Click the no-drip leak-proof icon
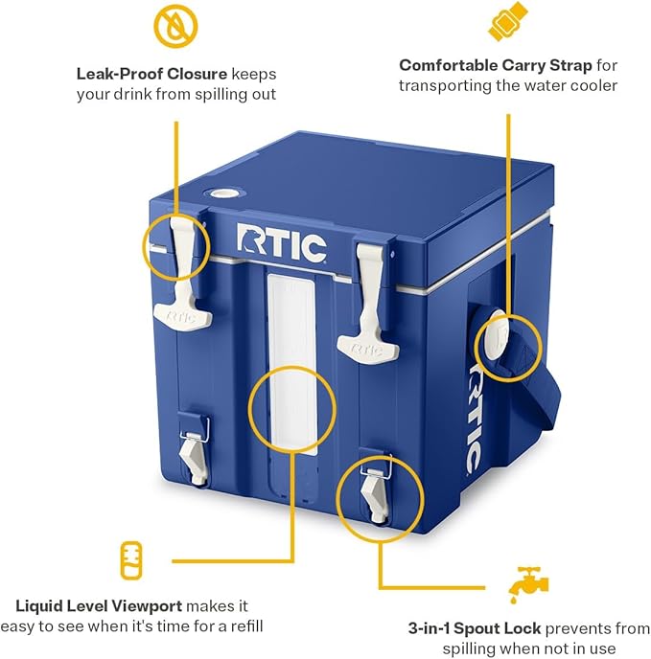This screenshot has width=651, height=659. point(175,27)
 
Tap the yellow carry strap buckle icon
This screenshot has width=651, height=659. point(508,21)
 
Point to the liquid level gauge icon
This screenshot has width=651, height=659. point(131,560)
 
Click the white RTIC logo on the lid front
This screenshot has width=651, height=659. point(282,243)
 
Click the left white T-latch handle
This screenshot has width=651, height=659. point(182,273)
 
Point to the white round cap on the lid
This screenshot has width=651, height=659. point(223,193)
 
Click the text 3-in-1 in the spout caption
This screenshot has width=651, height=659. point(429,628)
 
